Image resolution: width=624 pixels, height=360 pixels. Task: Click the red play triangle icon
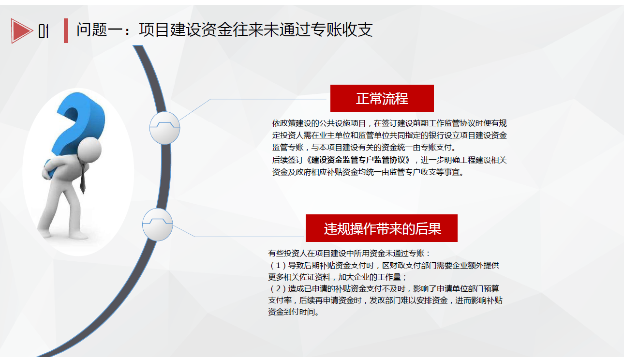point(21,30)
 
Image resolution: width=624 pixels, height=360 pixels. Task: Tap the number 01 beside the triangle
point(44,31)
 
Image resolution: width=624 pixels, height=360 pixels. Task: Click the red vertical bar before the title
point(66,30)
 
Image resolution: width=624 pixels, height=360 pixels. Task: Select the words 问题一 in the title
point(100,30)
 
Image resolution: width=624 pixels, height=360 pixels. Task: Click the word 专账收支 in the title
point(342,30)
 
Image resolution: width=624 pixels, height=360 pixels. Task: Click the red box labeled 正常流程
point(382,98)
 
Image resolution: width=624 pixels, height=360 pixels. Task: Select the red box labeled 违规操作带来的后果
point(381,228)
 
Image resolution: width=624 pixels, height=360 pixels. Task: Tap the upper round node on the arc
point(164,128)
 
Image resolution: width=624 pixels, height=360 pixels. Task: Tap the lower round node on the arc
point(157,225)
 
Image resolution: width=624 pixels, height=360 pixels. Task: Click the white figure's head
point(89,150)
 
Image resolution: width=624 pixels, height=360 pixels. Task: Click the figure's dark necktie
point(82,179)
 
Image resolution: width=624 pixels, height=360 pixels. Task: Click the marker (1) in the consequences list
point(278,266)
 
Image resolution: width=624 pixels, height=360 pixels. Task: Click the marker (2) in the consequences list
point(278,289)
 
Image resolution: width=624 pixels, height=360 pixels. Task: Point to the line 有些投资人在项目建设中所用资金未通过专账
point(346,253)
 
